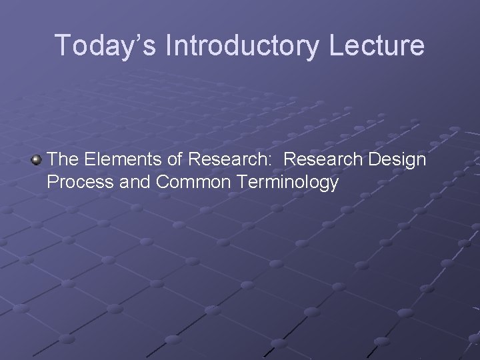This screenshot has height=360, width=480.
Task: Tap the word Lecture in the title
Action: pyautogui.click(x=382, y=45)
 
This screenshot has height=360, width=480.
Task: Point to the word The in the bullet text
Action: pyautogui.click(x=63, y=159)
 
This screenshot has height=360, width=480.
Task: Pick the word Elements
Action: pyautogui.click(x=115, y=159)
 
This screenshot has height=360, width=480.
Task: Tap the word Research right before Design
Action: pyautogui.click(x=323, y=159)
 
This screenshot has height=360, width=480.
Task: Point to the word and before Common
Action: pyautogui.click(x=135, y=182)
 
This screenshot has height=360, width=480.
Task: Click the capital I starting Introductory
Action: pyautogui.click(x=170, y=45)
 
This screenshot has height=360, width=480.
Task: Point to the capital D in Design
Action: pyautogui.click(x=371, y=159)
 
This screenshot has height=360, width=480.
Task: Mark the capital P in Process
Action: pyautogui.click(x=53, y=182)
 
